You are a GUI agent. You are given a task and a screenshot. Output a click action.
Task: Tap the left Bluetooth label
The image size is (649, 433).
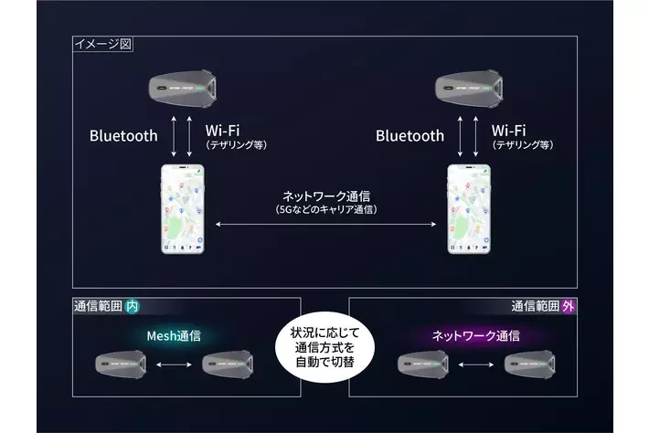(x=123, y=135)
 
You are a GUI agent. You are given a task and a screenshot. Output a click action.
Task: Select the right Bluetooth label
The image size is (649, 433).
(x=410, y=135)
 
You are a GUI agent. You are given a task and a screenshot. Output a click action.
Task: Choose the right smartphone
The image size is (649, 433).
(x=470, y=210)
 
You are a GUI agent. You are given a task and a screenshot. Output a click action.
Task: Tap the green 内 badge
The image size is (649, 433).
(x=133, y=308)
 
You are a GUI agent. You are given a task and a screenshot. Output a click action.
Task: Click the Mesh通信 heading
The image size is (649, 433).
(x=174, y=336)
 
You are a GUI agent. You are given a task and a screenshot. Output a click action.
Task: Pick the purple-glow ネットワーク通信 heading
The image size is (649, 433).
(x=475, y=336)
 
